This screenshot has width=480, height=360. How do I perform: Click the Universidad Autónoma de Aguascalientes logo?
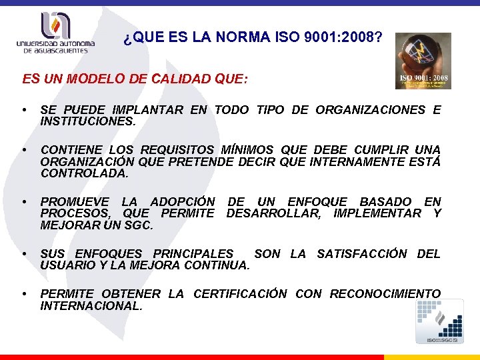(56, 33)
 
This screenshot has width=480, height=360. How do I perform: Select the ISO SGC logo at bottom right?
(439, 321)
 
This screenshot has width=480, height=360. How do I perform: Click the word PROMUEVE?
(73, 201)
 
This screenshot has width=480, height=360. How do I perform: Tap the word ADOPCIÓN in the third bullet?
(183, 201)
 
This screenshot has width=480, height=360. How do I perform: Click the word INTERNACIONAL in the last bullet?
(91, 306)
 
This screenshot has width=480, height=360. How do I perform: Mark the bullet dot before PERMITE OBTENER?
(24, 294)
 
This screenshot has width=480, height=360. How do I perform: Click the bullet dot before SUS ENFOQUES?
(24, 254)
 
